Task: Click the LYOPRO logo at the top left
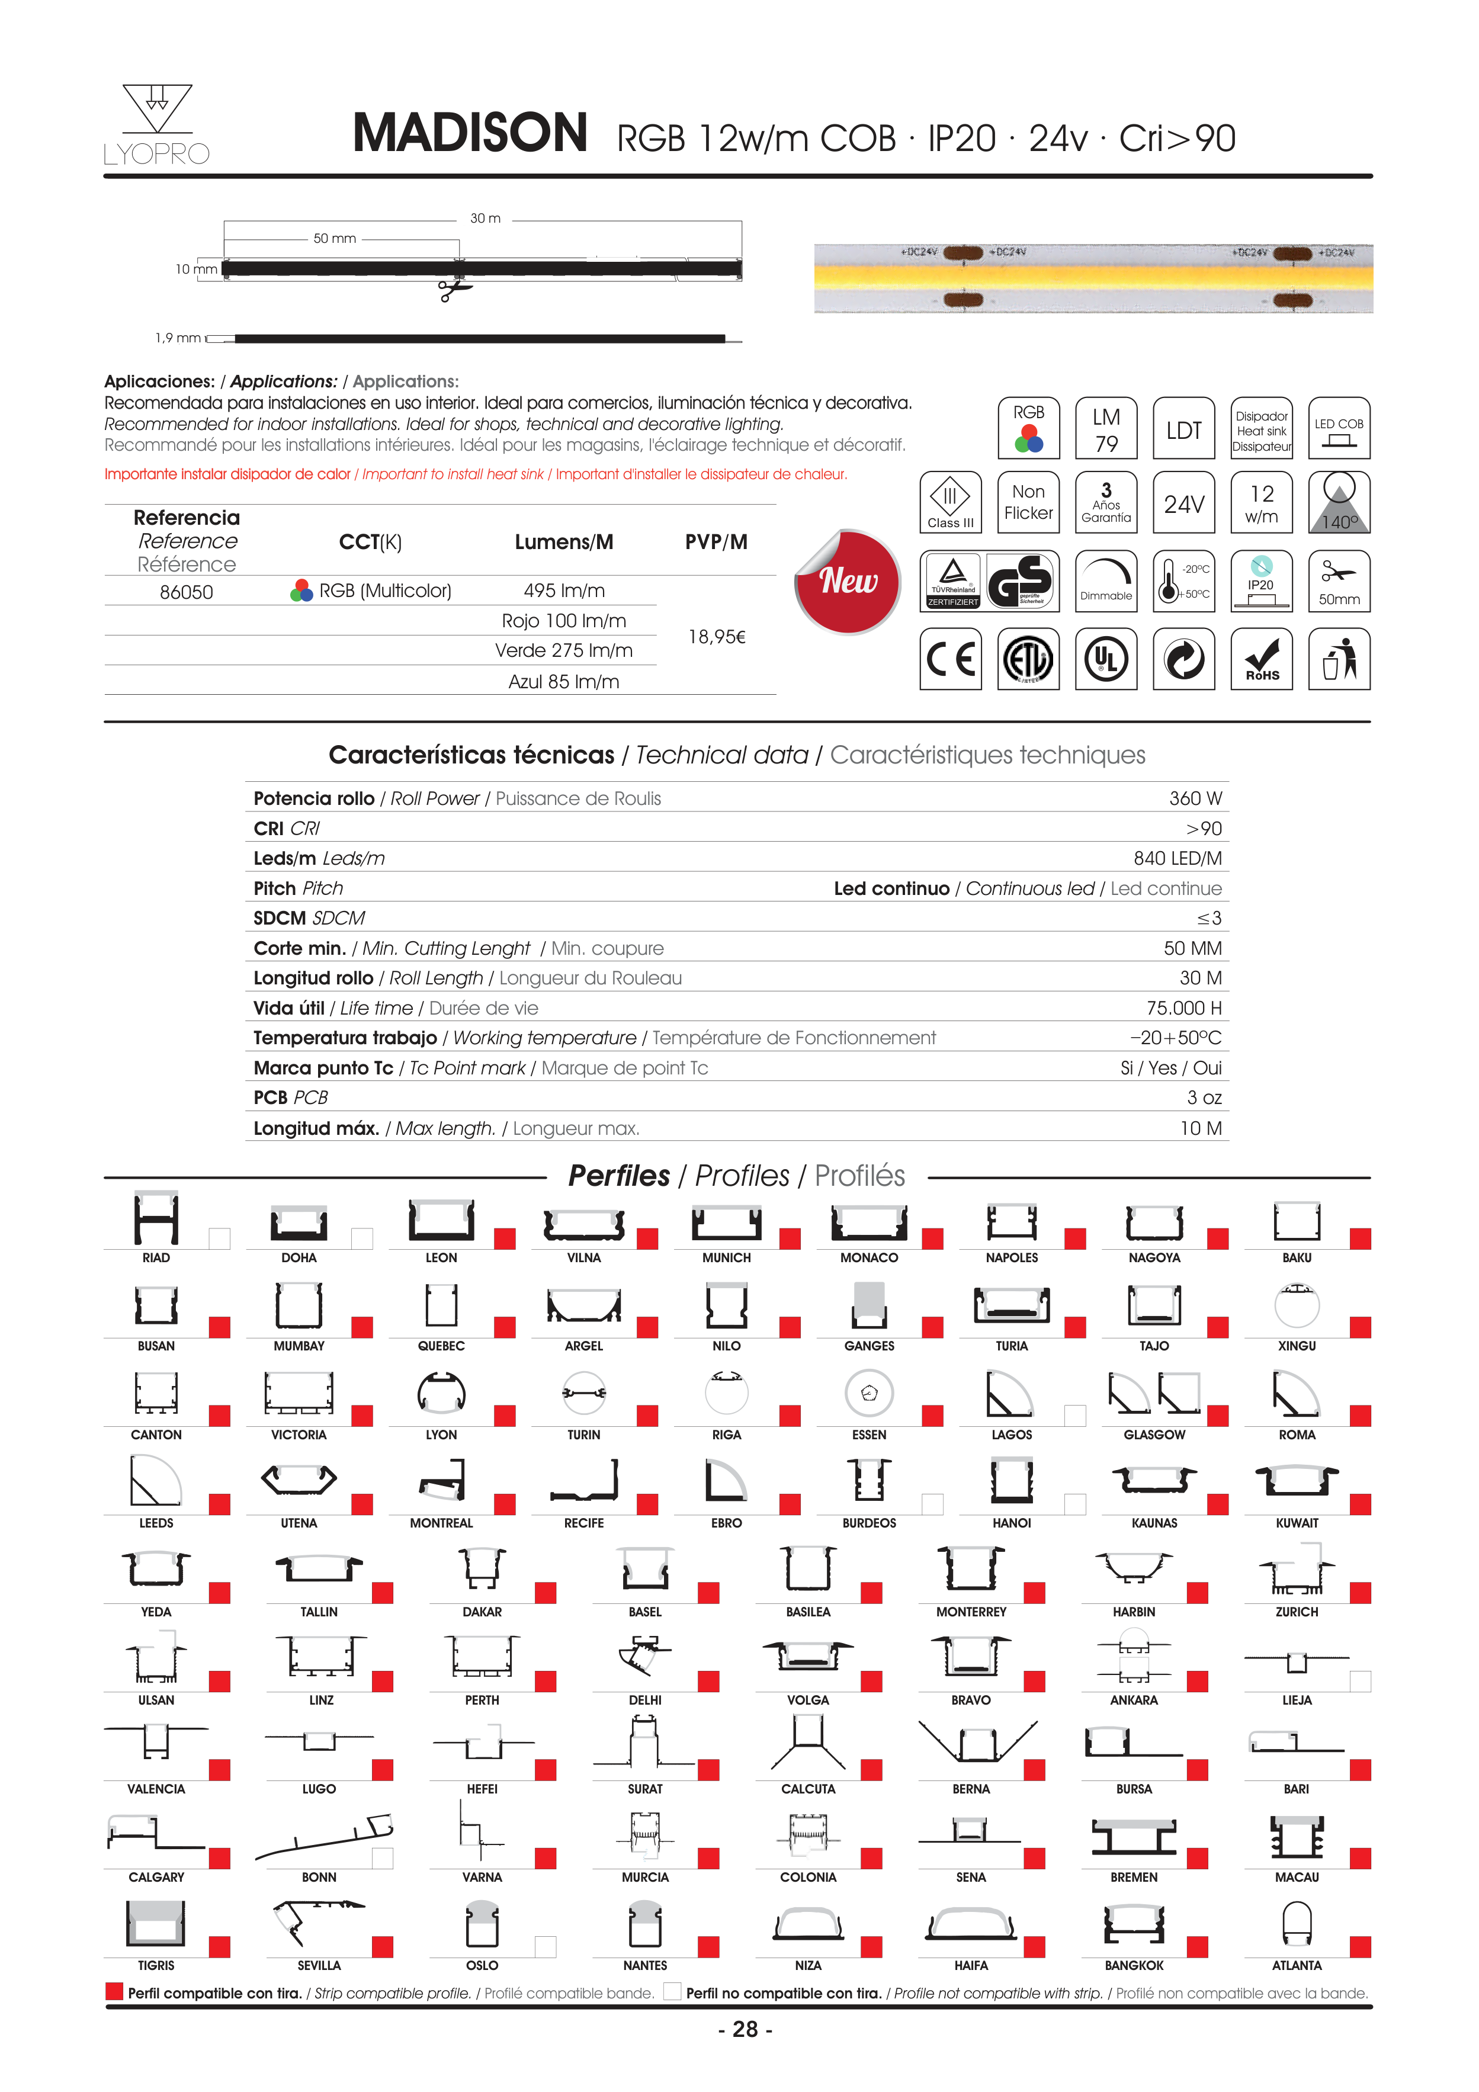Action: tap(157, 126)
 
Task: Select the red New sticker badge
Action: tap(848, 581)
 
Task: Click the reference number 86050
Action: tap(186, 592)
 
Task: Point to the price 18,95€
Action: tap(716, 637)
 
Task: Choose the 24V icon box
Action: tap(1184, 503)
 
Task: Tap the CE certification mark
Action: tap(951, 659)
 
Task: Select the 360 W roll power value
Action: tap(1195, 798)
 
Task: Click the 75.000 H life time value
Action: tap(1184, 1008)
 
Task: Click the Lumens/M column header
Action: tap(564, 542)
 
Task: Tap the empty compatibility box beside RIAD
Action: tap(220, 1238)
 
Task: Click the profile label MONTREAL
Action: tap(441, 1523)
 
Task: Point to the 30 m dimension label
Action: tap(485, 219)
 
